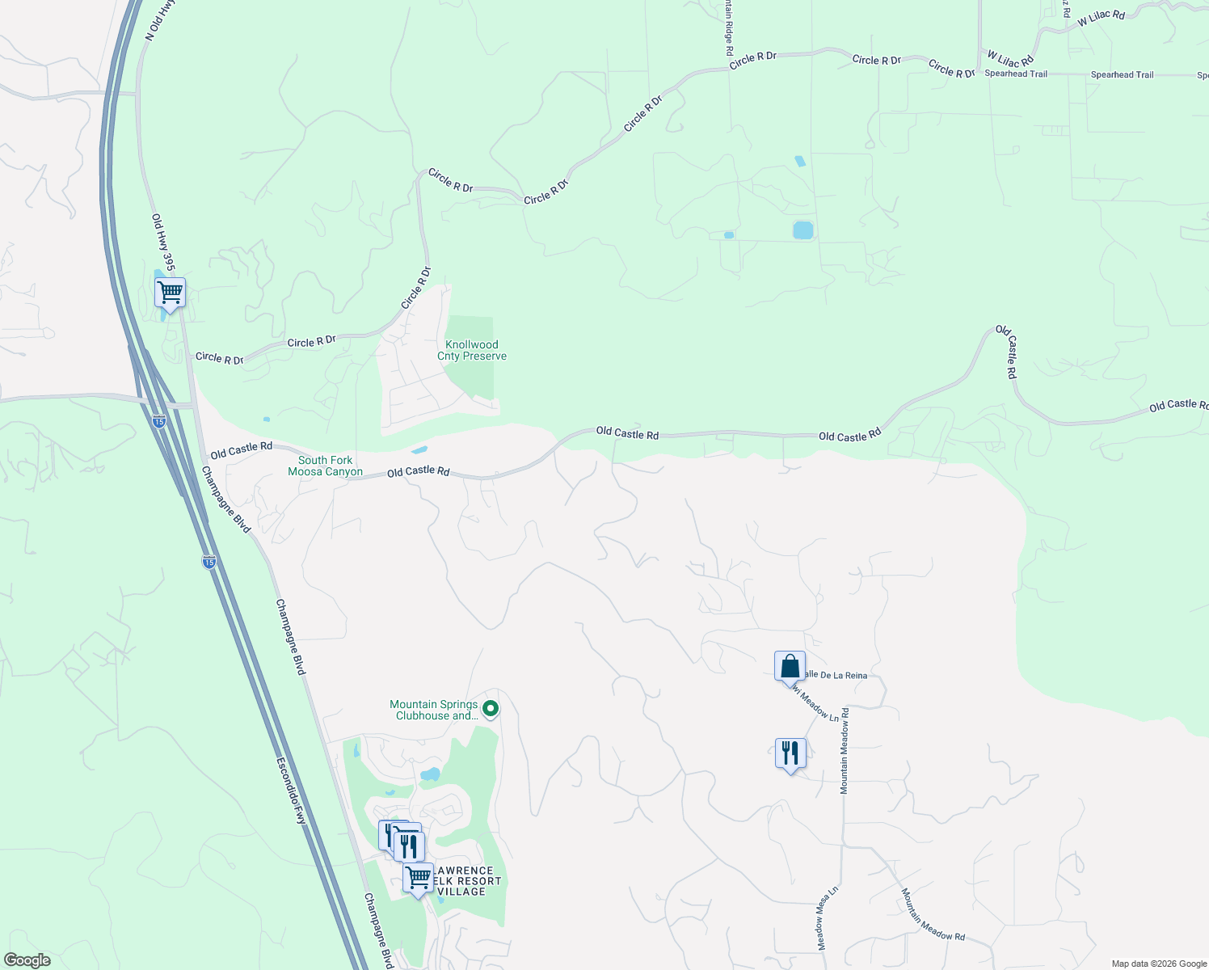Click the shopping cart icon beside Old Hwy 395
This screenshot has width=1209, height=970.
point(170,293)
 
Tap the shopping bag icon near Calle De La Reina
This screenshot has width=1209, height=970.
point(790,667)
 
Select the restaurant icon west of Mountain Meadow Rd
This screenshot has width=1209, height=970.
point(790,753)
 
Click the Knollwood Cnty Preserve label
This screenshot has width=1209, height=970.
point(472,350)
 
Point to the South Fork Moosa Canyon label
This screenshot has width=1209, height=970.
point(325,466)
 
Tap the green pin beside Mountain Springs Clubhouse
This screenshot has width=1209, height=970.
point(490,709)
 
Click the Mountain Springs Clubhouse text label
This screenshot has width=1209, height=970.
point(434,710)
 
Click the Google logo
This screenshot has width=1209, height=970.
point(27,959)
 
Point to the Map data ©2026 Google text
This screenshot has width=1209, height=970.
point(1158,964)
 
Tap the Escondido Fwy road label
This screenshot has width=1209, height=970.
point(291,790)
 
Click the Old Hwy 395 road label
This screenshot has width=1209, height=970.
point(163,241)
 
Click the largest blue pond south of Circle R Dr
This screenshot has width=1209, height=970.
point(802,230)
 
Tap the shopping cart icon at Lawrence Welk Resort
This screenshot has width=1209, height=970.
point(418,877)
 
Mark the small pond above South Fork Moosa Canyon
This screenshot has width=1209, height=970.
point(419,449)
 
